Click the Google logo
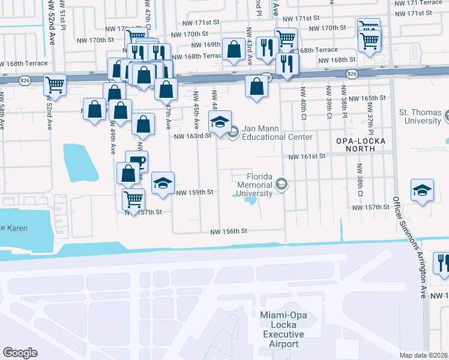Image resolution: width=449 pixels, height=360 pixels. (x=20, y=353)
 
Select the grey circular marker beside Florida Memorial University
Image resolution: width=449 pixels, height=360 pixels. (x=282, y=184)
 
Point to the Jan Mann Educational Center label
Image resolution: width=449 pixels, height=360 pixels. (x=277, y=133)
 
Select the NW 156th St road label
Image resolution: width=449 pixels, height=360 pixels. (x=229, y=232)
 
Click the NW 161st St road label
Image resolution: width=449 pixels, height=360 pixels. (x=306, y=156)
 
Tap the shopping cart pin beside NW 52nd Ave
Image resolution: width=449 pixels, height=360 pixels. (x=55, y=85)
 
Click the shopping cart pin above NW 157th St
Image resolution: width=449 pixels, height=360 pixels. (x=133, y=197)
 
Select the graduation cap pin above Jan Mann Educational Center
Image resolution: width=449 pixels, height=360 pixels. (x=220, y=121)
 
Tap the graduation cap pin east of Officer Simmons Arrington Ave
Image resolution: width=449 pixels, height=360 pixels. (x=423, y=190)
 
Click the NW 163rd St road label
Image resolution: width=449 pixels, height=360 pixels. (x=193, y=136)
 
